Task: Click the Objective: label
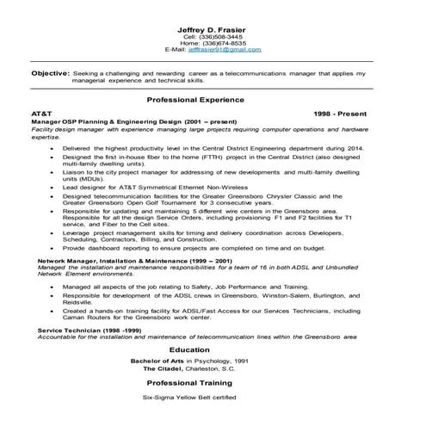coord(50,74)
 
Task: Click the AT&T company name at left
coord(41,113)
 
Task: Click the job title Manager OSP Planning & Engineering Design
coord(97,122)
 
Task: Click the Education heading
coord(212,349)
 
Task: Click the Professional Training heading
coord(212,381)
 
